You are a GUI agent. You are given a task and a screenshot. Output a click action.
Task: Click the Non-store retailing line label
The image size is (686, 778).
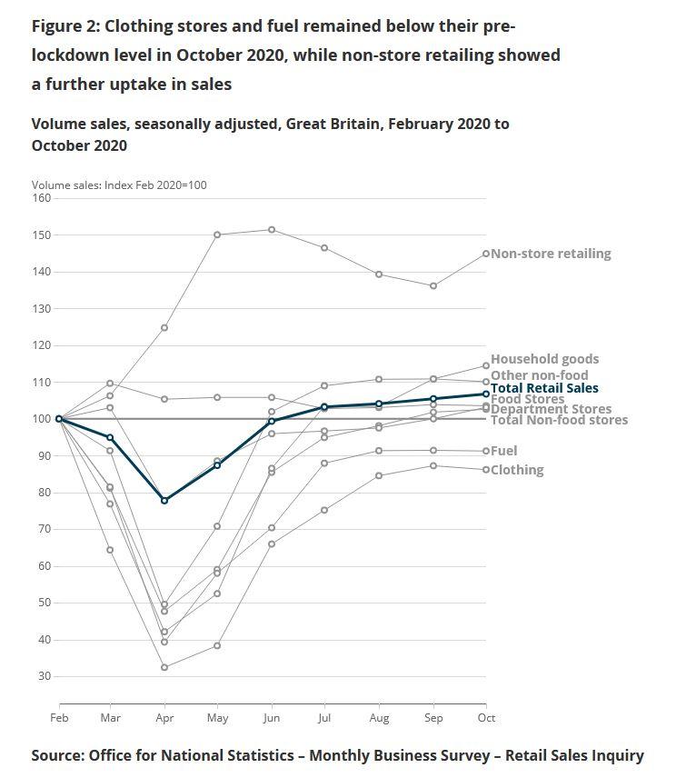551,254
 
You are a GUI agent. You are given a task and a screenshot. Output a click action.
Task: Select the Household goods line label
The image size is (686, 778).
544,359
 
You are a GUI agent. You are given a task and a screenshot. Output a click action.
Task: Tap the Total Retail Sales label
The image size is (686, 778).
544,388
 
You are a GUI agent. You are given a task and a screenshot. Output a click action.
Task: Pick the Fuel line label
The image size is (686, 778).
504,451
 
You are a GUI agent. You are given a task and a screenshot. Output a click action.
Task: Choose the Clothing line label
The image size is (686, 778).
517,470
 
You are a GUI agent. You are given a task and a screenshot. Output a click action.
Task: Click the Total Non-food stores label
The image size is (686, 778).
559,420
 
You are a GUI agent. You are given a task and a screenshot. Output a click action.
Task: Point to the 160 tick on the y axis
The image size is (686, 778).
42,197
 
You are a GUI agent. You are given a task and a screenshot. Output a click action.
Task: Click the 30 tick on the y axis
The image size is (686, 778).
45,676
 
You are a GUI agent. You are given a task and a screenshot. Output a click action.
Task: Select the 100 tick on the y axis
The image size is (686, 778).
42,419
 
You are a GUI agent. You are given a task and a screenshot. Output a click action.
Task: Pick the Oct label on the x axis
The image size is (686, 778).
486,719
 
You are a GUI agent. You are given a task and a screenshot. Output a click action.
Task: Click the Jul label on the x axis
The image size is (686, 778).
324,719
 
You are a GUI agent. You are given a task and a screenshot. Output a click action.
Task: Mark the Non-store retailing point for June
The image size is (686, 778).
271,229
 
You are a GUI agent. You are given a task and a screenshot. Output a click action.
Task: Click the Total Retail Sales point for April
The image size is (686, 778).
164,500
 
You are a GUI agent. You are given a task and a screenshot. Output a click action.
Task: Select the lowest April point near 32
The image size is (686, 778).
164,667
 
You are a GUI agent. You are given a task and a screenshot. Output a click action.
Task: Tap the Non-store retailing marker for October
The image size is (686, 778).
486,254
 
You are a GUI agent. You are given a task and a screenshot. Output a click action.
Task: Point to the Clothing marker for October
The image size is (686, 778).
486,470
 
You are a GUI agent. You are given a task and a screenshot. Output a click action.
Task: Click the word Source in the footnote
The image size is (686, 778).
57,755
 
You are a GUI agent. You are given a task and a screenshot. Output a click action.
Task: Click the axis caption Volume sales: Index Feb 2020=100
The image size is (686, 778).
119,185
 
